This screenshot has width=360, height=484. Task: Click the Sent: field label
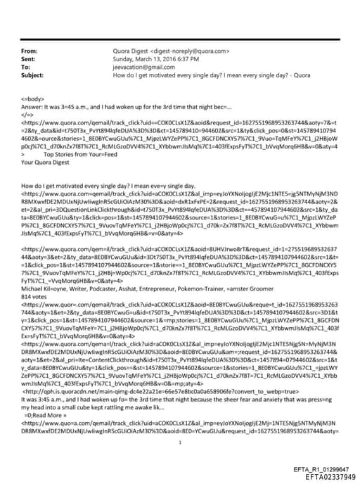(29, 59)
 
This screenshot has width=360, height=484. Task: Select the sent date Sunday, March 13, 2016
(148, 59)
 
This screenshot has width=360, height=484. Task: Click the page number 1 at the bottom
(181, 423)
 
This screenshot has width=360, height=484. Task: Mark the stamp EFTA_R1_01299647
(325, 469)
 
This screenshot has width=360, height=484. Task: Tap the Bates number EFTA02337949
(325, 476)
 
